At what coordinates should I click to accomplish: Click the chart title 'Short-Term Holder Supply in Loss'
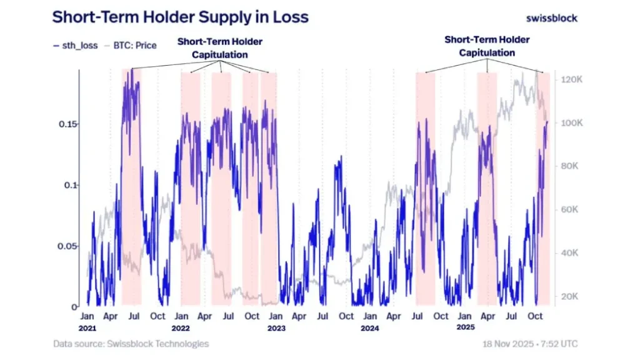tap(180, 17)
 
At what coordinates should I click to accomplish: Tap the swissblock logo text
tap(552, 18)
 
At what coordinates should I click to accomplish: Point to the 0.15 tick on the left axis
tap(67, 124)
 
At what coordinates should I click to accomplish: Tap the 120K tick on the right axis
tap(571, 80)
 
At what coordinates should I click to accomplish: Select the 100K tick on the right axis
tap(571, 123)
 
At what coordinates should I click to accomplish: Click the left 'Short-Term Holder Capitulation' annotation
tap(220, 48)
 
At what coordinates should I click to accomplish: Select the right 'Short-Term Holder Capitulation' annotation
tap(487, 46)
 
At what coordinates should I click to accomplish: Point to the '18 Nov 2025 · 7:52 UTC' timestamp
tap(529, 344)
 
